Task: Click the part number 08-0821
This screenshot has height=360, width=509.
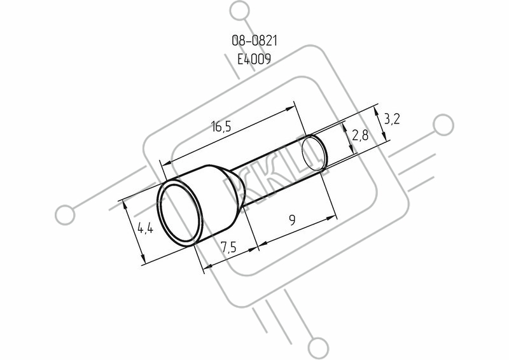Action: coord(254,41)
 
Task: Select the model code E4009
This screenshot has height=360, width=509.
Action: coord(254,59)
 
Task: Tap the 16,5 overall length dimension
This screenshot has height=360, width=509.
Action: coord(221,127)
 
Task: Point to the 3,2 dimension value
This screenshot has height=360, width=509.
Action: coord(392,120)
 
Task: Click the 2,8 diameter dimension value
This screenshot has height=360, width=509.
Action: coord(360,135)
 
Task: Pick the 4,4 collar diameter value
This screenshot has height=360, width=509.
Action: coord(146,228)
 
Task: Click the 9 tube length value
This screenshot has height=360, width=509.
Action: coord(293,221)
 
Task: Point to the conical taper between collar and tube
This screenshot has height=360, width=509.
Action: coord(234,190)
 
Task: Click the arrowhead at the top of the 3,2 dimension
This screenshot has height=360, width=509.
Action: coord(376,113)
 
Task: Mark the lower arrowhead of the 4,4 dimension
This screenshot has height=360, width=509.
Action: coord(143,258)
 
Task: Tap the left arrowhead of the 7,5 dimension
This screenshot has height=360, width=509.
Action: coord(206,267)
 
